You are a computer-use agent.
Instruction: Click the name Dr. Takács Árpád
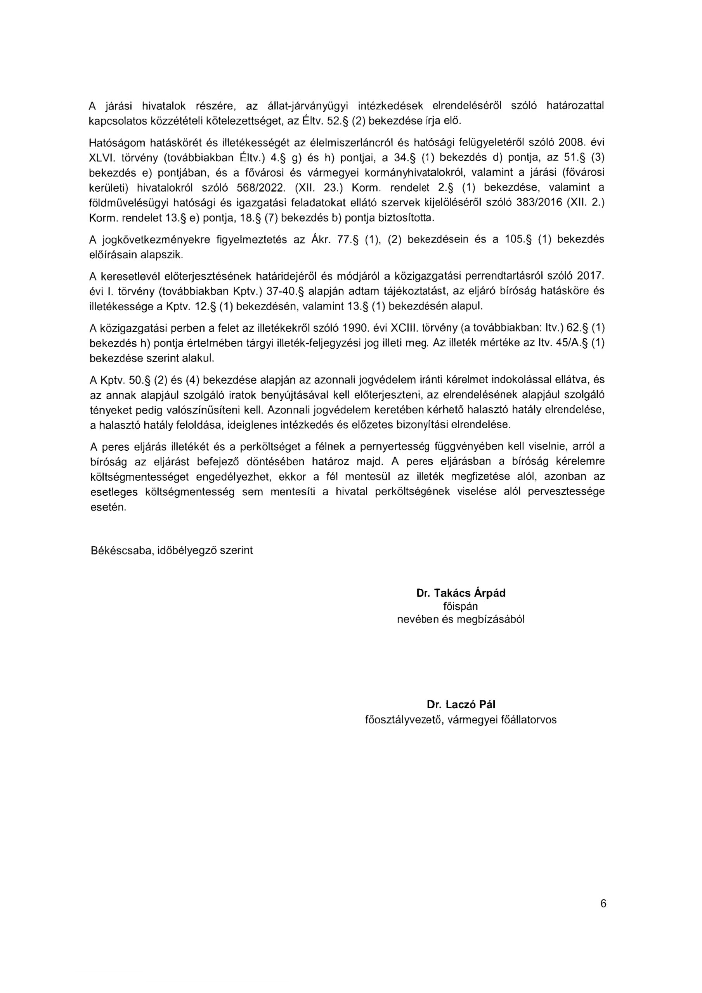pyautogui.click(x=461, y=593)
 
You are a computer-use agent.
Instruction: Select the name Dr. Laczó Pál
pyautogui.click(x=461, y=704)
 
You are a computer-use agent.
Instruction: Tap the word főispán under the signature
pyautogui.click(x=461, y=606)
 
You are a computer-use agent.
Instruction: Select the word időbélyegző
pyautogui.click(x=185, y=550)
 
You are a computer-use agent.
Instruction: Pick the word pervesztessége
pyautogui.click(x=564, y=492)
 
